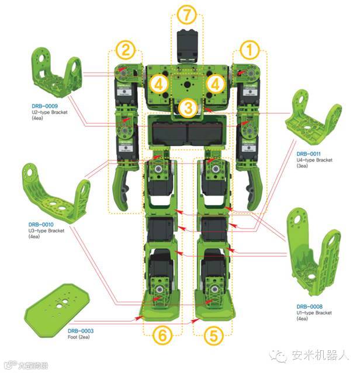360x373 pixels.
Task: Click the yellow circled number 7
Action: (187, 13)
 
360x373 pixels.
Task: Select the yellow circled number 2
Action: (126, 50)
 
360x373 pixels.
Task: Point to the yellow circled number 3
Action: (187, 108)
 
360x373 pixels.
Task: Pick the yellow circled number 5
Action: (213, 335)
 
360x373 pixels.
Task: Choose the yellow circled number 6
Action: (162, 335)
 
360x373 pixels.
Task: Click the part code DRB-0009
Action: (44, 106)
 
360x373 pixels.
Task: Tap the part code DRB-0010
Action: (41, 224)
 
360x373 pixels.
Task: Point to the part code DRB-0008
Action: (308, 306)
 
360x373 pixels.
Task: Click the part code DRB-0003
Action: (81, 331)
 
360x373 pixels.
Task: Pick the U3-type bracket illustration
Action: (56, 190)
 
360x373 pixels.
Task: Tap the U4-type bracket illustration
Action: (312, 126)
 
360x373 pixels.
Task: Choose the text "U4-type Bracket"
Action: (314, 159)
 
